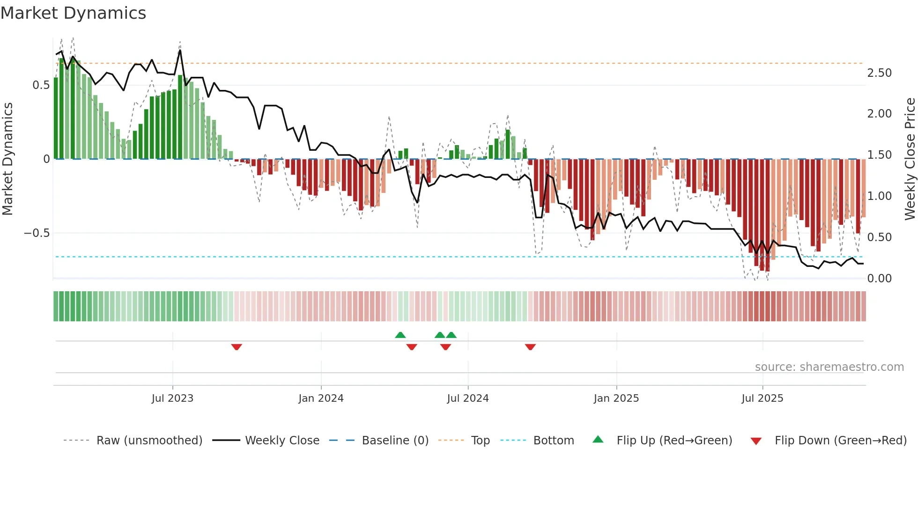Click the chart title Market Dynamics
coord(73,13)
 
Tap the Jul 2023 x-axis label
coord(172,398)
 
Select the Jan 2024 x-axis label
coord(321,398)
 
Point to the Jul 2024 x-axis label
coord(467,398)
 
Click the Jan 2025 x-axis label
coord(616,398)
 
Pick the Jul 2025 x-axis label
coord(762,398)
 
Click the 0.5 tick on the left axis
coord(41,85)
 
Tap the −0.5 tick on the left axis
coord(37,233)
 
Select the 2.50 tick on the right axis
coord(879,73)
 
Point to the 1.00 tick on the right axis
coord(879,196)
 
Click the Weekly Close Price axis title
coord(910,159)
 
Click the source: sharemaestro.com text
coord(829,367)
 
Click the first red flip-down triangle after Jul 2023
coord(237,347)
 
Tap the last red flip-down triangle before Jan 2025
coord(530,347)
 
